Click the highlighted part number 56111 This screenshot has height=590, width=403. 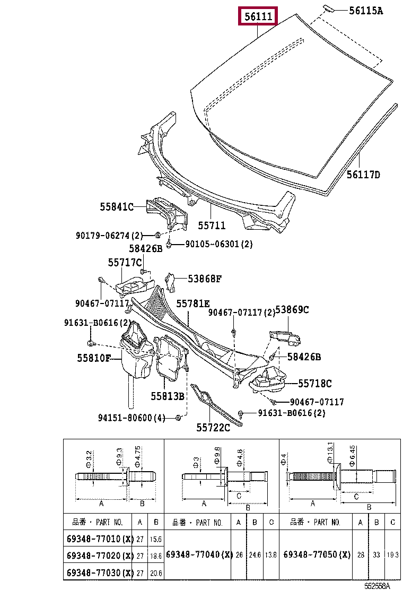pos(258,16)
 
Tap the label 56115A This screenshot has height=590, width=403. pos(366,11)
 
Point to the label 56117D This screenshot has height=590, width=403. pos(363,175)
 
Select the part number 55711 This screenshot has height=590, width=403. pos(212,225)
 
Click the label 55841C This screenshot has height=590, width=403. pos(117,206)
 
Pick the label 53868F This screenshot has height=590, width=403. pos(205,279)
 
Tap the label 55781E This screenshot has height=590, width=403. pos(193,303)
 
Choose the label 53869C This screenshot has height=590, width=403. pos(292,310)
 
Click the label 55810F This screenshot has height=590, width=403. pos(94,358)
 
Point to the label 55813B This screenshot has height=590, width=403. pos(168,396)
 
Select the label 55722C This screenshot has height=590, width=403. pos(213,428)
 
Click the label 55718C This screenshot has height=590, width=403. pos(314,384)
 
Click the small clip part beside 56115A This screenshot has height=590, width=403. pos(329,8)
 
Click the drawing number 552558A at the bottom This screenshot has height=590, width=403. pos(377,586)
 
